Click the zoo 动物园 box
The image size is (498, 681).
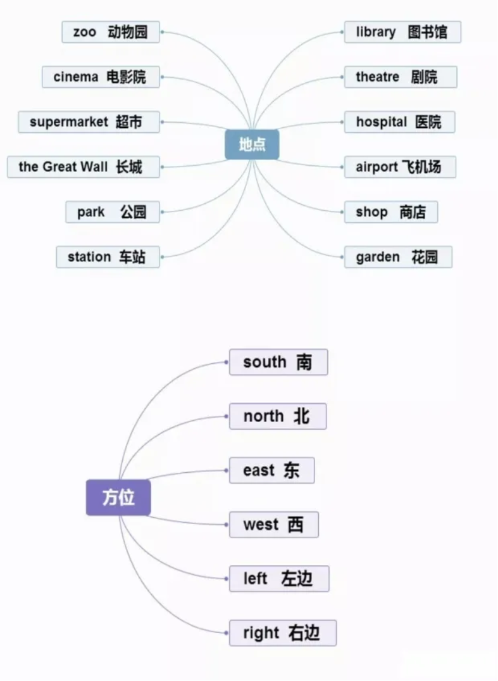(111, 32)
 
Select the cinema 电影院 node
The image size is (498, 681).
(101, 77)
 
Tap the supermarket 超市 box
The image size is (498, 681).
(89, 122)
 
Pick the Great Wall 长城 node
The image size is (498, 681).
(84, 167)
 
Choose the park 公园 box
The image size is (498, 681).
(113, 212)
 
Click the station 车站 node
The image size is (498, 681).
(108, 257)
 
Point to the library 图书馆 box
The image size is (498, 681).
(402, 32)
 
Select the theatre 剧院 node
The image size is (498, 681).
(401, 77)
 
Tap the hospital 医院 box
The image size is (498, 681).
(400, 122)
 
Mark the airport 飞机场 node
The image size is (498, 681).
(401, 167)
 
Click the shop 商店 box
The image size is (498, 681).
(391, 212)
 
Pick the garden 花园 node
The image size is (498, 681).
(398, 257)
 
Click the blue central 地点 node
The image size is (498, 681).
(252, 144)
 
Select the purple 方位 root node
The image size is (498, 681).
(118, 497)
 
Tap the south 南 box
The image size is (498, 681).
(278, 362)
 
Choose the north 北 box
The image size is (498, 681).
(278, 416)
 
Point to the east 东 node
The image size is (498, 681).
(272, 470)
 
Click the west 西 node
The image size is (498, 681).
(274, 525)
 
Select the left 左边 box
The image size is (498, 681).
(279, 578)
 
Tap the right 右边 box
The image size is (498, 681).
(283, 633)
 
